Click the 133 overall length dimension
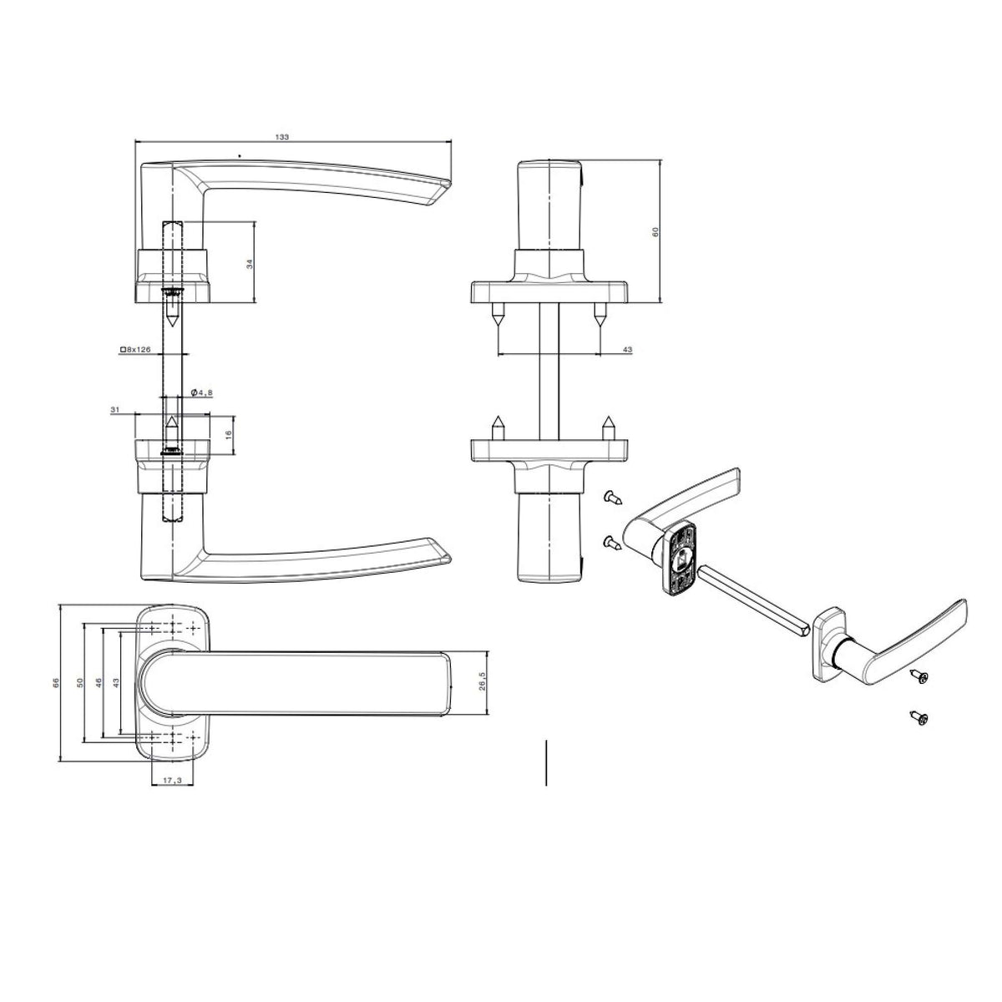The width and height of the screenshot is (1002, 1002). point(281,137)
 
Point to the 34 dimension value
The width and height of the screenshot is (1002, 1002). point(250,263)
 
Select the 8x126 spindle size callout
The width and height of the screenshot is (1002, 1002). point(135,349)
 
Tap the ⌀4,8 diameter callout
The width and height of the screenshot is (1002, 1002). point(201,392)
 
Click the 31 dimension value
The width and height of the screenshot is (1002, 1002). point(115,410)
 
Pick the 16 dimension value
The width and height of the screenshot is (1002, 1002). point(227,435)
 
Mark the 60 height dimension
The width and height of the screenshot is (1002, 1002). point(655,232)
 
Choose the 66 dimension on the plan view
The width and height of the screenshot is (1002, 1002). point(56,681)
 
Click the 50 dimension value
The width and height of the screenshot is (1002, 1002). point(79,681)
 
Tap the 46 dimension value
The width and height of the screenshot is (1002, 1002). point(99,681)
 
